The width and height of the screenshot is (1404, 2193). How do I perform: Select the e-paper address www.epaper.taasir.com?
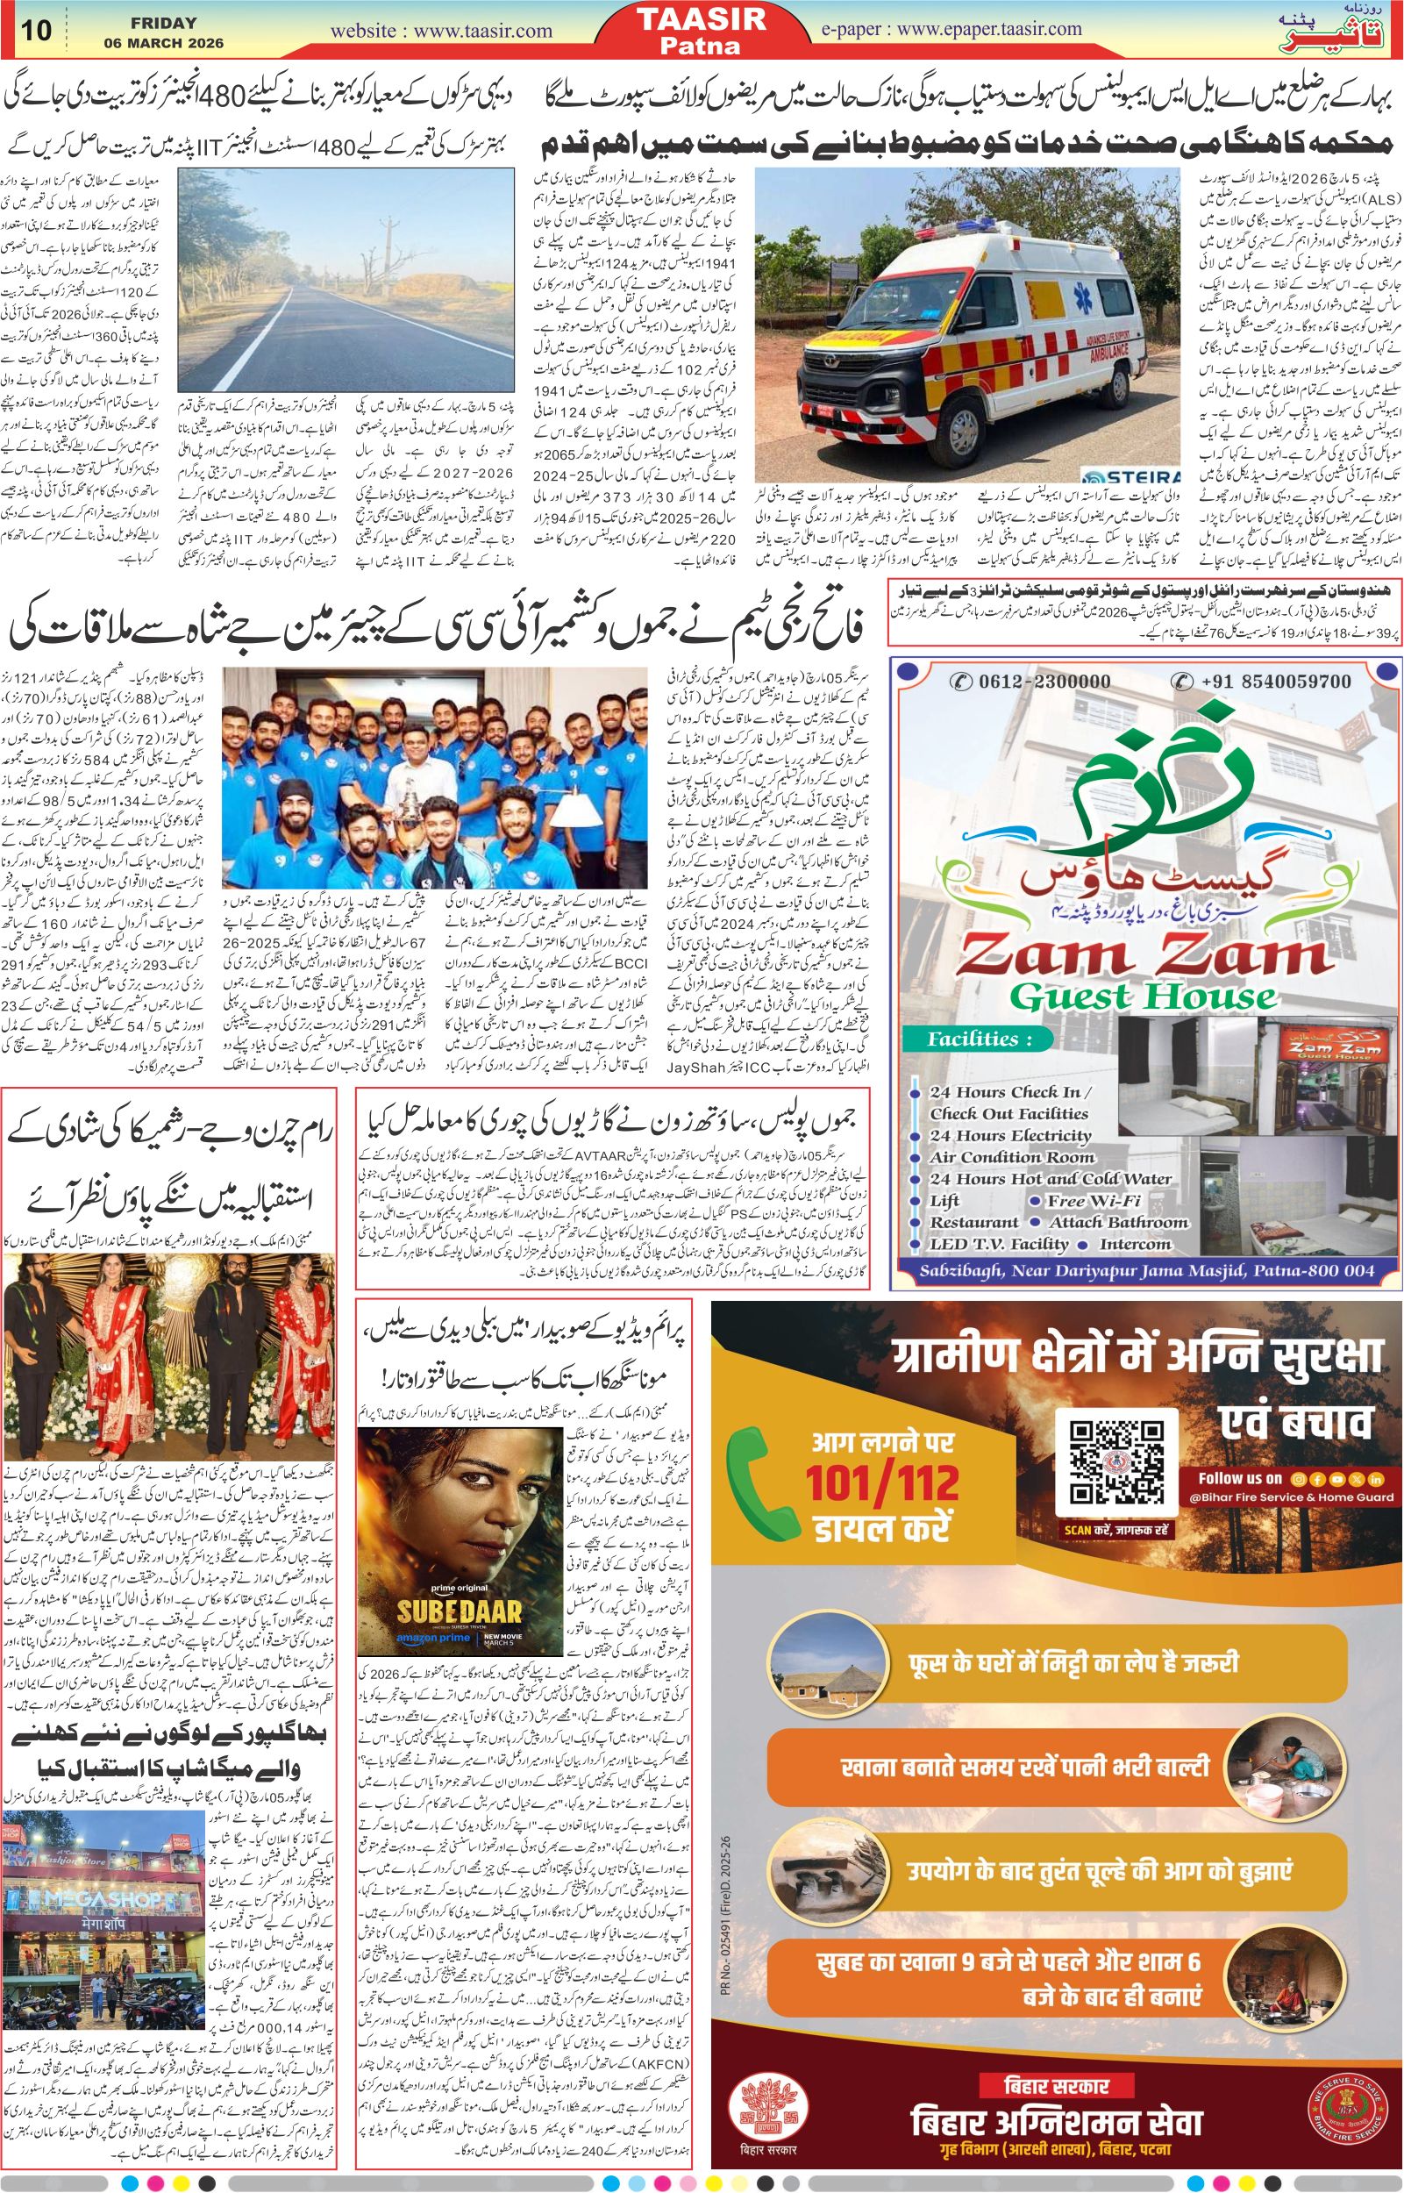pyautogui.click(x=989, y=28)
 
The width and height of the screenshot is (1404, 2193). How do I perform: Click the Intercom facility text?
pyautogui.click(x=1135, y=1244)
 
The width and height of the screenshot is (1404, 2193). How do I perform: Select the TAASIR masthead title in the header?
pyautogui.click(x=703, y=18)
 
